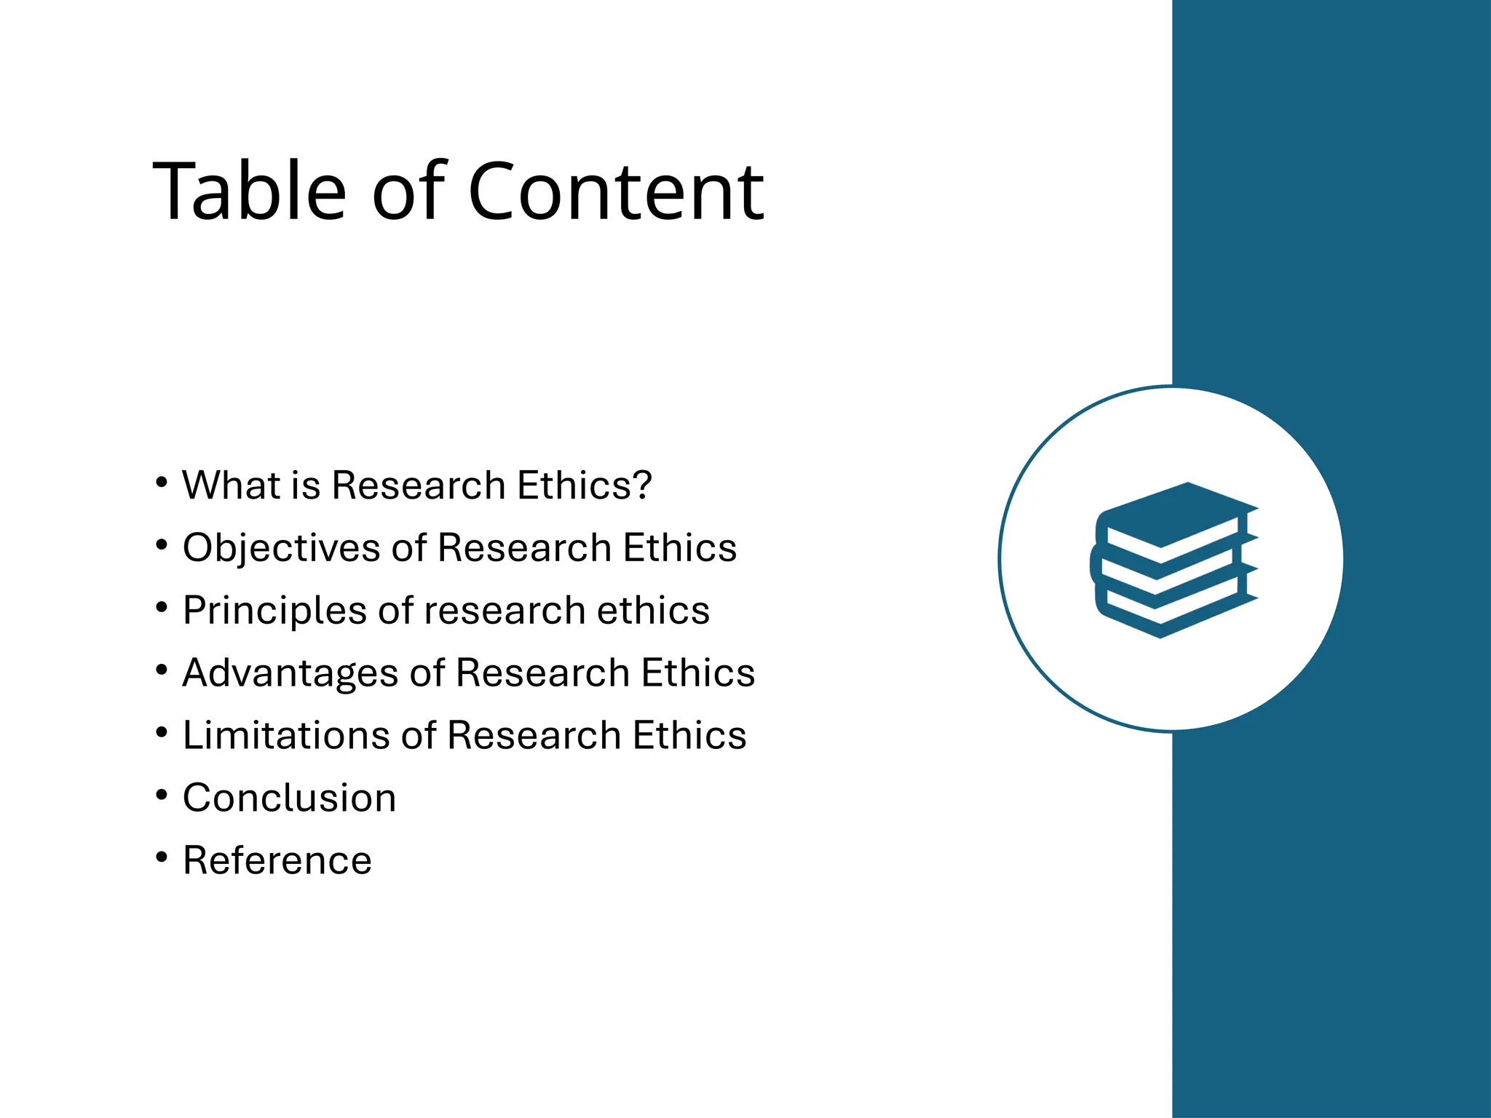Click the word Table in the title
coord(249,191)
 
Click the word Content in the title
coord(616,191)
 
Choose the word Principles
coord(274,611)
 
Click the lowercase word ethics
coord(653,610)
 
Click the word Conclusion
coord(289,798)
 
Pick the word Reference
coord(277,860)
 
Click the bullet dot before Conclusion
coord(162,795)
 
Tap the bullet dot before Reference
coord(162,857)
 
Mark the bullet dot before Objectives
coord(162,544)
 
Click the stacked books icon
coord(1174,560)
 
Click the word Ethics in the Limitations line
coord(689,735)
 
